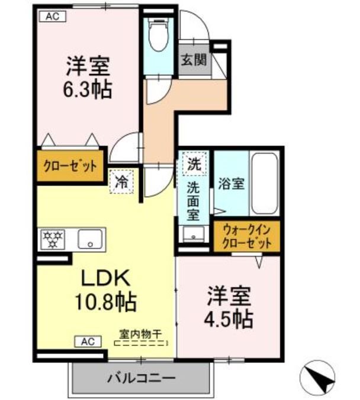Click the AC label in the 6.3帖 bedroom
53,17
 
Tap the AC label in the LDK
87,341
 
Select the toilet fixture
157,35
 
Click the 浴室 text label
230,184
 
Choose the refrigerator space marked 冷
121,182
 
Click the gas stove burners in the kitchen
53,239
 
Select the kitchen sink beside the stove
91,239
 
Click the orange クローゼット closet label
70,167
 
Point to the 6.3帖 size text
89,89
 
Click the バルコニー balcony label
141,377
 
